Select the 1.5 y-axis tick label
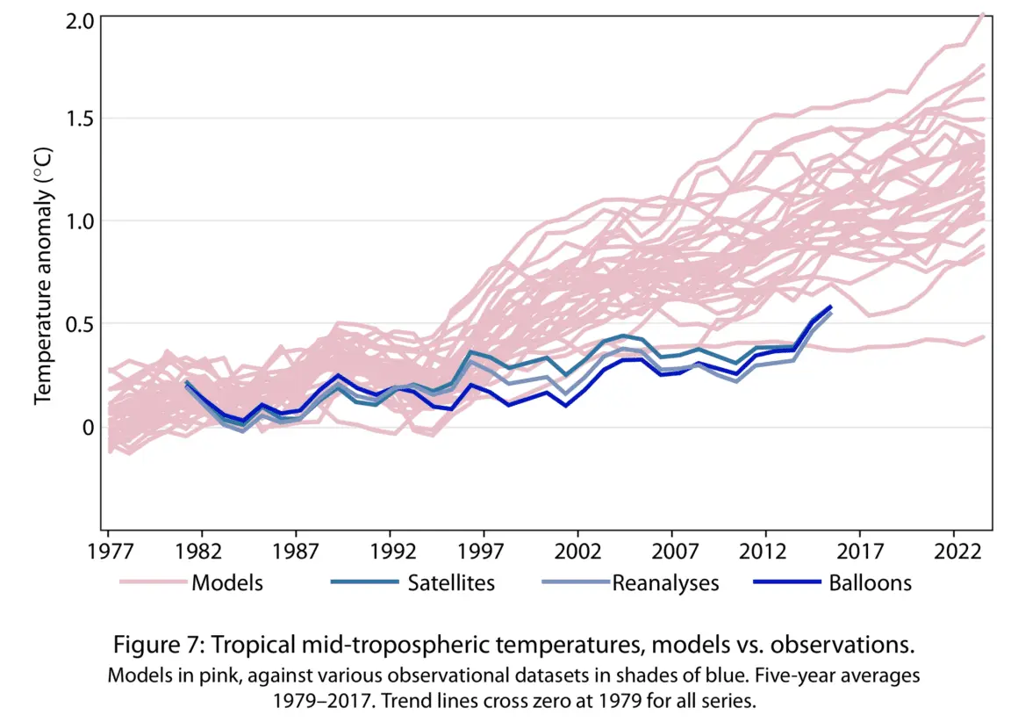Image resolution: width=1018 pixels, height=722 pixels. [x=78, y=119]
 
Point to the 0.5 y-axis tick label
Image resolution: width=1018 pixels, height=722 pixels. [x=78, y=324]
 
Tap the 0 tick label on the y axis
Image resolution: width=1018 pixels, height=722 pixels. [x=86, y=427]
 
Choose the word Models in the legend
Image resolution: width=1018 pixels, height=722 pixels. [x=227, y=582]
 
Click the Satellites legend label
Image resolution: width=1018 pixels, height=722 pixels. [x=451, y=582]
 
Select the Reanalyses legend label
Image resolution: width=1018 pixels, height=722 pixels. [x=665, y=582]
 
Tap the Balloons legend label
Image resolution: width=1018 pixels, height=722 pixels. [x=871, y=582]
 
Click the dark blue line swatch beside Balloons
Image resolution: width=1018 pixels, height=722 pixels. [x=787, y=582]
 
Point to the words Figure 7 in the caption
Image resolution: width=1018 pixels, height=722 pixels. [x=153, y=646]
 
